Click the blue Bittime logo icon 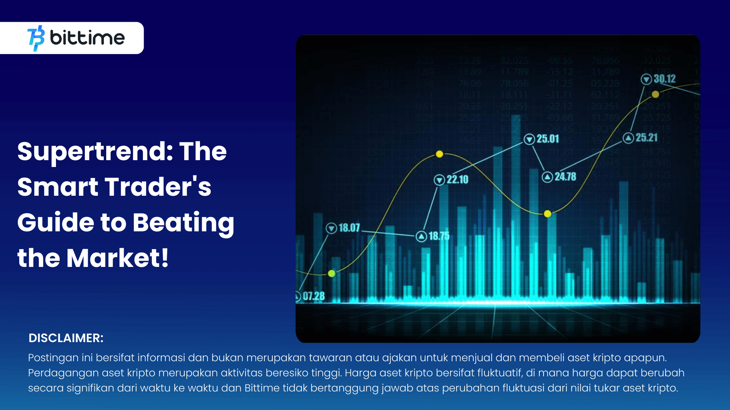tap(36, 38)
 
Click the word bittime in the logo tap(87, 38)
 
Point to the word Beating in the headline tap(183, 222)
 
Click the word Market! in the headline tap(117, 258)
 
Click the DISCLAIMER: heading tap(66, 338)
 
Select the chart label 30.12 tap(664, 79)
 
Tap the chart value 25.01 tap(547, 139)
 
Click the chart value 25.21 tap(646, 138)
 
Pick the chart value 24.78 tap(565, 177)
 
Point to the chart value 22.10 tap(457, 179)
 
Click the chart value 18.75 tap(439, 236)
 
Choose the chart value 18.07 tap(349, 228)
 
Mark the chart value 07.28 tap(314, 296)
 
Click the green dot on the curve tap(331, 273)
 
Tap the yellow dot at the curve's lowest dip tap(547, 214)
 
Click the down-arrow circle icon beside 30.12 tap(646, 79)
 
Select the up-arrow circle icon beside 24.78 tap(547, 177)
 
